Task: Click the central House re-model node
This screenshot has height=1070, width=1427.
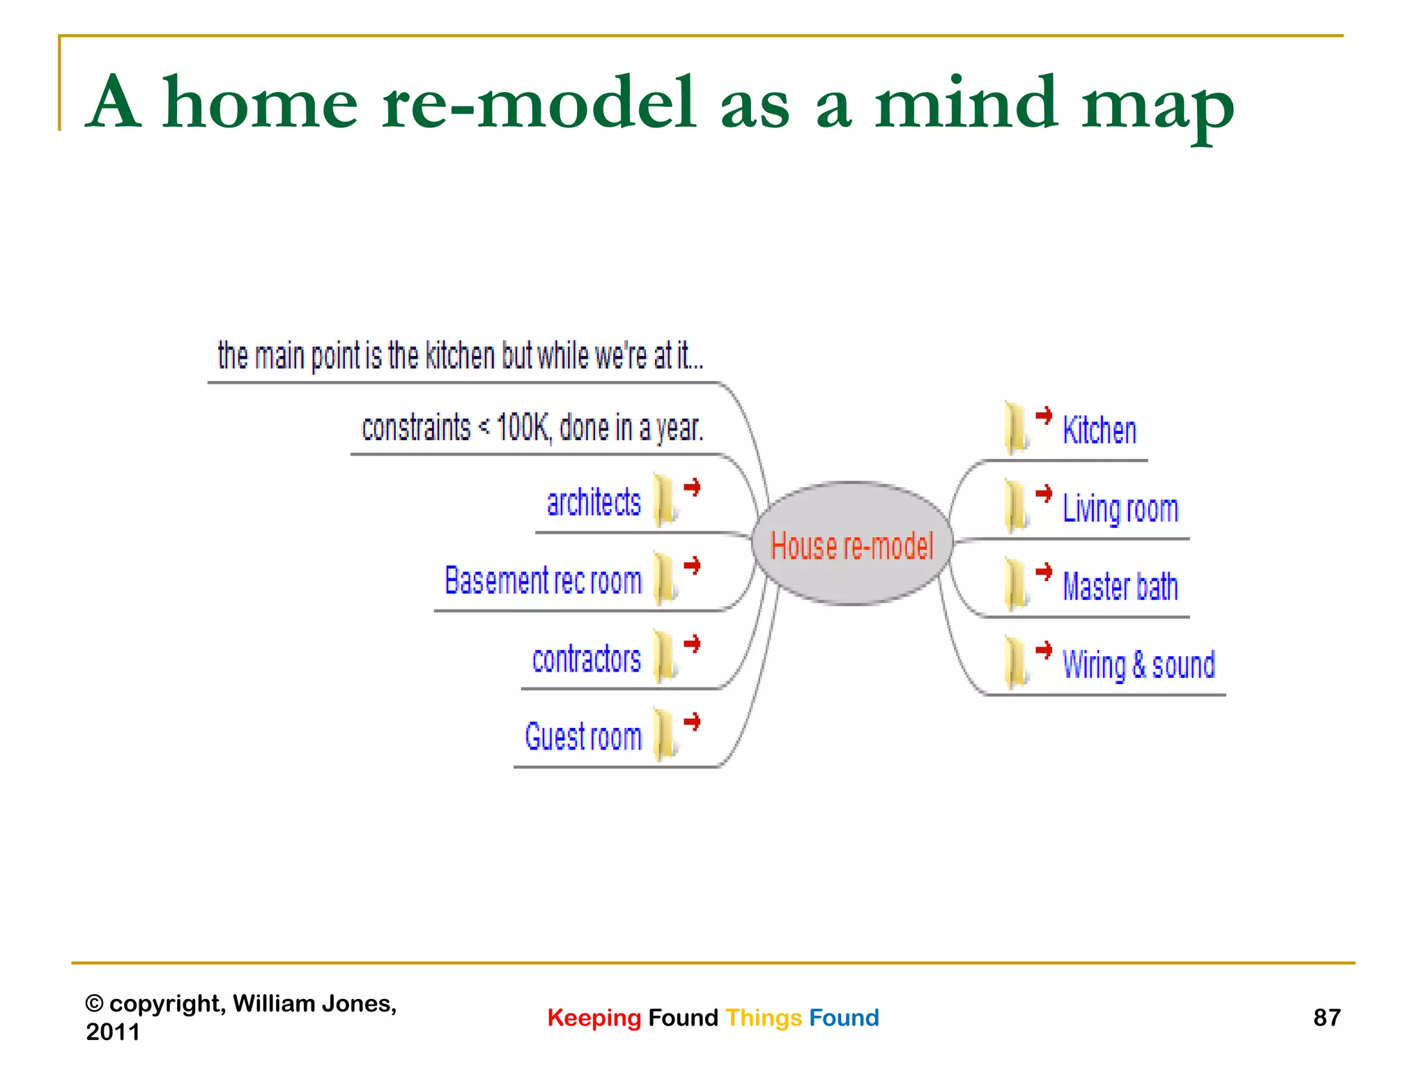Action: (x=851, y=544)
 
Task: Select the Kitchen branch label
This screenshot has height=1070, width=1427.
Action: (x=1099, y=431)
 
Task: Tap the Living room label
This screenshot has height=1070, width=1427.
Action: (x=1120, y=509)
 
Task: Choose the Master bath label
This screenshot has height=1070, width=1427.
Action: (x=1120, y=587)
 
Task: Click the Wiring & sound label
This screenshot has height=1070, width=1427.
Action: (x=1138, y=665)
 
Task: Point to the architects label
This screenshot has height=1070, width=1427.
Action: (x=594, y=503)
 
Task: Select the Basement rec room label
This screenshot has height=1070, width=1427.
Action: (x=543, y=581)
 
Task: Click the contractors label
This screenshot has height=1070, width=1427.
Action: (x=586, y=659)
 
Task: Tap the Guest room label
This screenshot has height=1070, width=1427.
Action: (x=583, y=737)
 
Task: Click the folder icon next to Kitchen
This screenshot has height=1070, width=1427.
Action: (x=1017, y=428)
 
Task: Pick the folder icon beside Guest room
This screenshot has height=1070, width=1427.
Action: (x=665, y=734)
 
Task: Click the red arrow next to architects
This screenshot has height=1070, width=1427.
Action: (x=692, y=487)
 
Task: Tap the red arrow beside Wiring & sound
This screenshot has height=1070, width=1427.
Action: (x=1044, y=650)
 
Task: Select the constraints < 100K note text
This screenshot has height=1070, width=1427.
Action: (x=532, y=428)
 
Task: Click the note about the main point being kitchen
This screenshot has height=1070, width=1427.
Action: (x=461, y=356)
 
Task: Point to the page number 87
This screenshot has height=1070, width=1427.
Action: (x=1326, y=1018)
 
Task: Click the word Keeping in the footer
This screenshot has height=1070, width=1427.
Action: (x=594, y=1018)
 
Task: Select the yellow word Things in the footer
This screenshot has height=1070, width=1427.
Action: (x=764, y=1018)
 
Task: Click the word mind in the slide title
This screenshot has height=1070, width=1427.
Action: (x=966, y=103)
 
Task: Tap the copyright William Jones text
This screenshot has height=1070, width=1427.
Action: (x=240, y=1017)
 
